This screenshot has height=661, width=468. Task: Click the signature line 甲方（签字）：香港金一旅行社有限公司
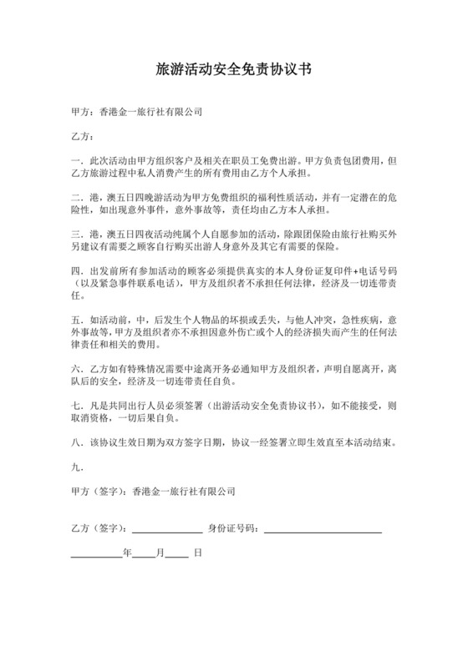153,492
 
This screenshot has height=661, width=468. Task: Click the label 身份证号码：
233,528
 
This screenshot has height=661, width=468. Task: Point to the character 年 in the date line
127,553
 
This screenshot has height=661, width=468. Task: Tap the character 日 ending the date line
197,553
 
